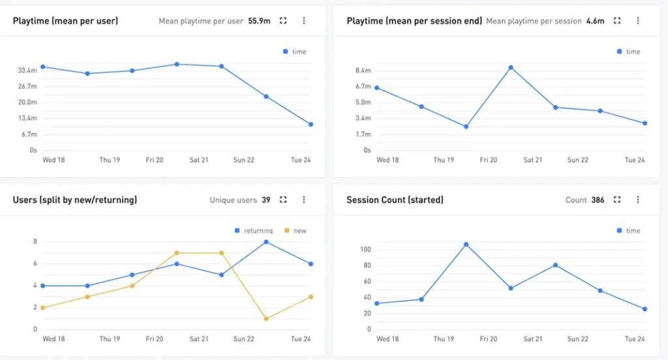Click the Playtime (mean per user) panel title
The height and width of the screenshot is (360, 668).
(65, 21)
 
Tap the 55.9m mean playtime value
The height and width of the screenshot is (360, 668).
(259, 21)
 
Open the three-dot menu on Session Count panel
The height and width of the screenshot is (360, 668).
(637, 200)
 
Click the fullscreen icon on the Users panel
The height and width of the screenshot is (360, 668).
(283, 200)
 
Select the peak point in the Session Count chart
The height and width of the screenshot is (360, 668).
(466, 245)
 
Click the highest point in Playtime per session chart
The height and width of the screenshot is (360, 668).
(511, 67)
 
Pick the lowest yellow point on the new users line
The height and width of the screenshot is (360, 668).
(266, 318)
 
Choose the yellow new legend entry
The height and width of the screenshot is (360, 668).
(296, 231)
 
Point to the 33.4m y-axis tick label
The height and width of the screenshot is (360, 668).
(27, 70)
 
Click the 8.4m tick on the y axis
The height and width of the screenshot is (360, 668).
(363, 70)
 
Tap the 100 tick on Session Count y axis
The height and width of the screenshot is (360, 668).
(365, 250)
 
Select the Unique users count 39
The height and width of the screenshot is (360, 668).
(266, 200)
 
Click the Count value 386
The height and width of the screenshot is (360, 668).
(598, 200)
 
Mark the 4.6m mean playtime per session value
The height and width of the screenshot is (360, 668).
(595, 21)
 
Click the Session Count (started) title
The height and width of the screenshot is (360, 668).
(395, 200)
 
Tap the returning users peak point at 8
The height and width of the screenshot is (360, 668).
(266, 242)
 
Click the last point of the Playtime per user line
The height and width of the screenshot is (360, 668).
(311, 124)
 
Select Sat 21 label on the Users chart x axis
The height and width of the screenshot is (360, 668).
(199, 339)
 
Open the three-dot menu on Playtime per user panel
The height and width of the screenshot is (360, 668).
(303, 21)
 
